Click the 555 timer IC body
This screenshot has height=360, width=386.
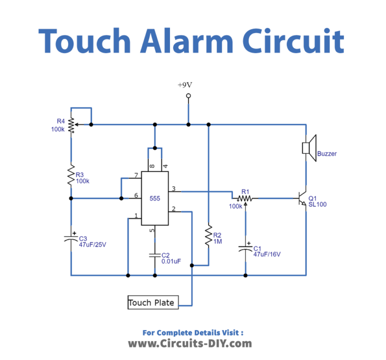click(x=155, y=198)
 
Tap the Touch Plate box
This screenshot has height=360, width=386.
click(x=152, y=302)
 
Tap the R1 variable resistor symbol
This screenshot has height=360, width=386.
click(x=245, y=198)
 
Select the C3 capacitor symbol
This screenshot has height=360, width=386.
click(x=71, y=238)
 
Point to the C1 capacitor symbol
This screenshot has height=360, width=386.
click(x=245, y=248)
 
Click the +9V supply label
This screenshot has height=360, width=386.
click(x=185, y=84)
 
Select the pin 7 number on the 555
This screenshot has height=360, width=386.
click(x=135, y=175)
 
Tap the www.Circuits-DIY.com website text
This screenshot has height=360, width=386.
click(x=190, y=343)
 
